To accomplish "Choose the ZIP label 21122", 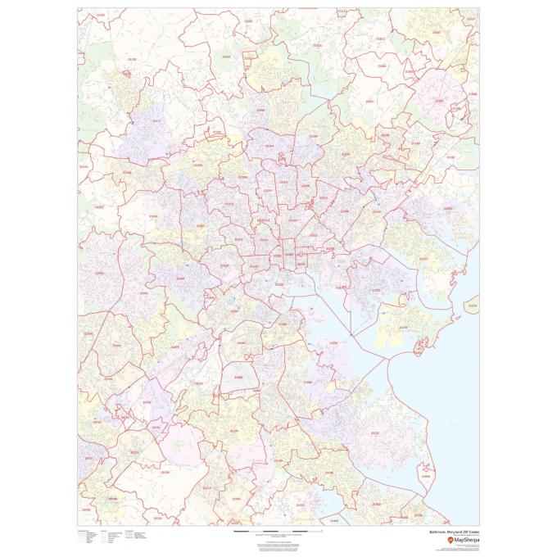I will coord(375,432).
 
